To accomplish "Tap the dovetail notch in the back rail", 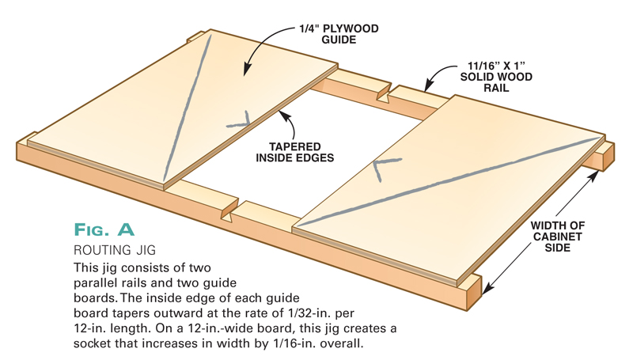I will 386,97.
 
